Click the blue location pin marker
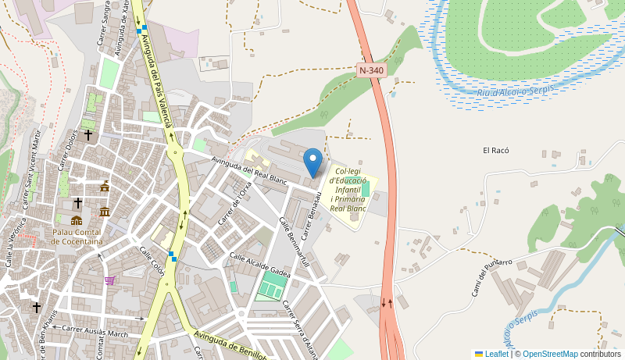[x=312, y=162]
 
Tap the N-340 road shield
[x=371, y=70]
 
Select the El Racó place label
[x=496, y=150]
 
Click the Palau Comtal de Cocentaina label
[x=77, y=237]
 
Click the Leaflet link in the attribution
[x=496, y=354]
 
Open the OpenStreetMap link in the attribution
[x=550, y=354]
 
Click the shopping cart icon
[x=109, y=280]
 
